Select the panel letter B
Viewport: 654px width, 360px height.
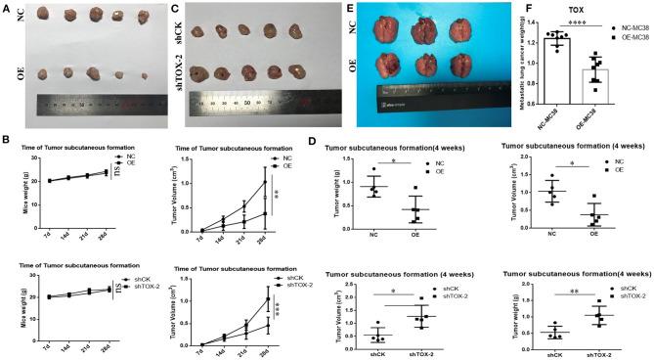click(6, 141)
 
